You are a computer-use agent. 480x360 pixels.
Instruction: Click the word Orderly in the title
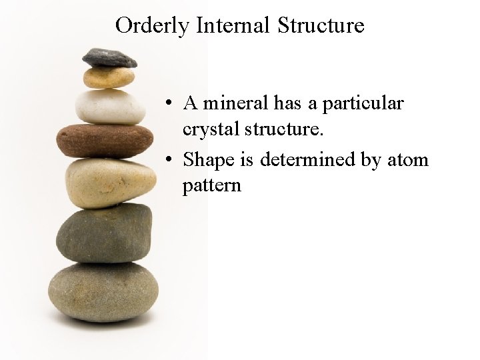[x=153, y=26]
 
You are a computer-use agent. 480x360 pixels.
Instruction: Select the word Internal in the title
[x=233, y=25]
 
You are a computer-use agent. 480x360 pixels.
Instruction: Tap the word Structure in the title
[x=321, y=25]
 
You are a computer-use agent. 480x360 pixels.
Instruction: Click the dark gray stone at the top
[x=109, y=58]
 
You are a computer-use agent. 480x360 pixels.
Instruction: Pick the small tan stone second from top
[x=108, y=77]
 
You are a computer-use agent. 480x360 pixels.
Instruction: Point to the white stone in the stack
[x=110, y=106]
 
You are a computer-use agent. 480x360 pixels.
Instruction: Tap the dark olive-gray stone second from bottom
[x=104, y=233]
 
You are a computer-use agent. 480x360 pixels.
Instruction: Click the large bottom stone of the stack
[x=103, y=290]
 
